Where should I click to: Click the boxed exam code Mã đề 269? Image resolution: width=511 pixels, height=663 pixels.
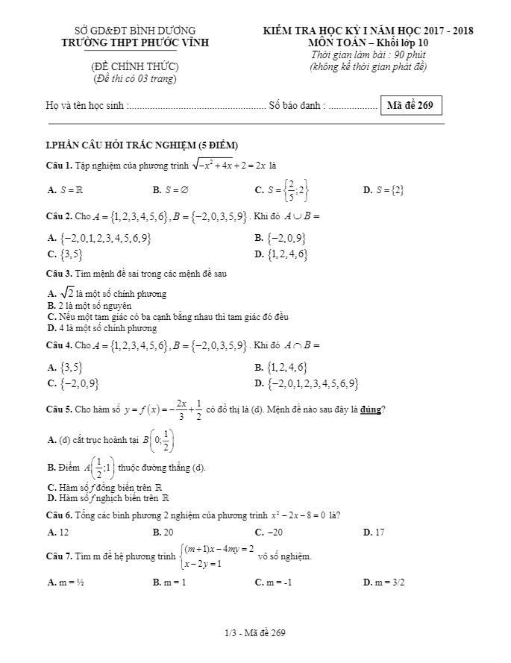click(x=410, y=105)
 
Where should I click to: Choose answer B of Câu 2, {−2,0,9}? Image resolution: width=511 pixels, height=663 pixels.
click(x=280, y=239)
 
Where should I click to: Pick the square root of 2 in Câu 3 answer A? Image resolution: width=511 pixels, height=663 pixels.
click(x=66, y=293)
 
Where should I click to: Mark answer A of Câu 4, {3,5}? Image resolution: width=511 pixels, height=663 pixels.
click(x=65, y=367)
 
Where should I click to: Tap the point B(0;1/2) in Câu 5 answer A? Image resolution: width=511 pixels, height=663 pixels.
click(x=161, y=440)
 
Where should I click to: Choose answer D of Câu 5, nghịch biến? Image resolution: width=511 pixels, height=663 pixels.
click(x=108, y=497)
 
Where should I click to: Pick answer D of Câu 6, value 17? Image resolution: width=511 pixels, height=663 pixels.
click(x=374, y=532)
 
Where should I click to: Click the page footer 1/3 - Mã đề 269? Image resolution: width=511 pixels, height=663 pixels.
click(x=255, y=633)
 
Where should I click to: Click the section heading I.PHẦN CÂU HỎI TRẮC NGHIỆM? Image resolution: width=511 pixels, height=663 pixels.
click(x=142, y=145)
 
